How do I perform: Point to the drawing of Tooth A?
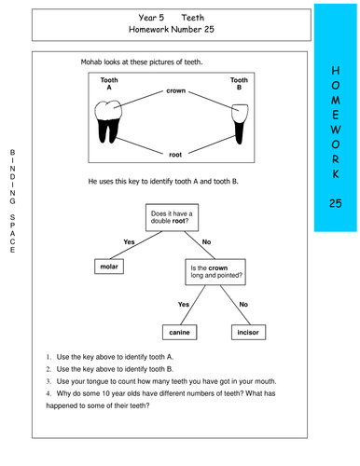point(109,120)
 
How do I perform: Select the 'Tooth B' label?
point(240,86)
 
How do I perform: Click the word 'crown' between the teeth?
point(175,91)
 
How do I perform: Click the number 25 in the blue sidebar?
point(336,203)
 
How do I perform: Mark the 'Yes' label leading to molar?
point(130,242)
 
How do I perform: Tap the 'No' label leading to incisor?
point(243,304)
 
